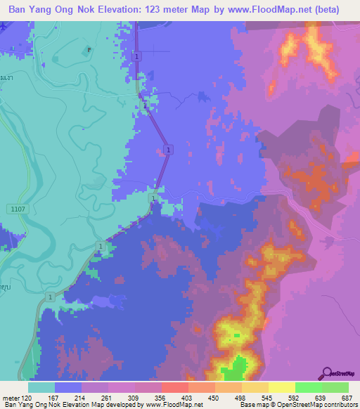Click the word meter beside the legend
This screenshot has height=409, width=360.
click(12, 397)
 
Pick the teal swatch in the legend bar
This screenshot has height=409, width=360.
click(41, 387)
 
